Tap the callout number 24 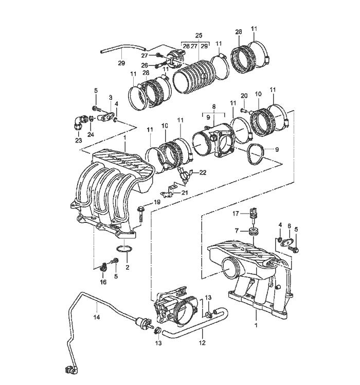pyautogui.click(x=91, y=135)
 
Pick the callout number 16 pyautogui.click(x=103, y=283)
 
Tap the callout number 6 pyautogui.click(x=289, y=226)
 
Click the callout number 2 pyautogui.click(x=127, y=267)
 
